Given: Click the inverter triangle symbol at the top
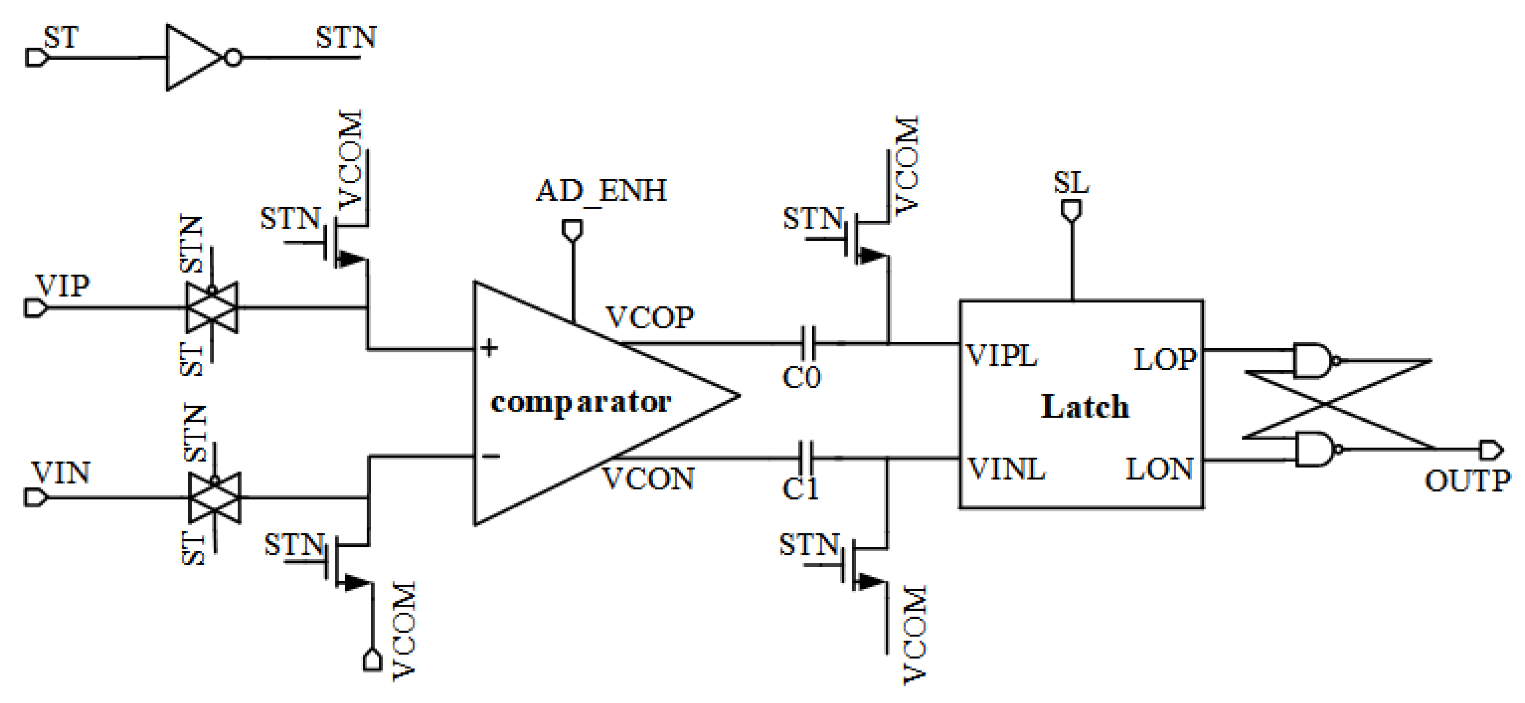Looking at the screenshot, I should [193, 57].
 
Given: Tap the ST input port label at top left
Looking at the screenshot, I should [60, 38].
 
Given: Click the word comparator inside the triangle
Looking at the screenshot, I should [581, 402].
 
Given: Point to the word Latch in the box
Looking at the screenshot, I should [1084, 407].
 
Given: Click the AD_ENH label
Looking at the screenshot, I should [601, 191].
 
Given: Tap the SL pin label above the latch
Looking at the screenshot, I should [1071, 183].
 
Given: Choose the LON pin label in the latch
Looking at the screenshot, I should [1158, 469].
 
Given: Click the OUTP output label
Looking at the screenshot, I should [1467, 480].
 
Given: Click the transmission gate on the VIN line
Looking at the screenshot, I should [214, 498].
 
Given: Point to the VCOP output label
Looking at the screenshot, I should [649, 318].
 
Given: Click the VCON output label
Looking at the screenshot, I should [648, 479].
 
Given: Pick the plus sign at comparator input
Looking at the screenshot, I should [489, 348].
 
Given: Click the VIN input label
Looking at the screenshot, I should [61, 473].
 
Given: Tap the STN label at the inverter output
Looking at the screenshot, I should [346, 38].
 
